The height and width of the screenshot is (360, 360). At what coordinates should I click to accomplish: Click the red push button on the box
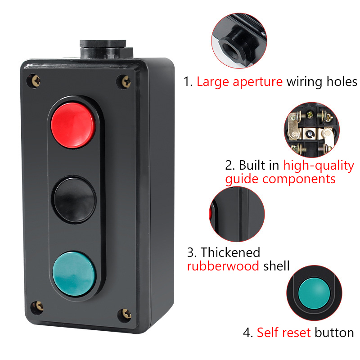(73, 125)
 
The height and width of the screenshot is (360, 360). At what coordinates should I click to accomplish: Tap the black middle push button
(74, 200)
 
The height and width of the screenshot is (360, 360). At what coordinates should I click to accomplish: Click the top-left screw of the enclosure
(36, 81)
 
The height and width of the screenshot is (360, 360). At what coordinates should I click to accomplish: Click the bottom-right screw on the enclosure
(126, 314)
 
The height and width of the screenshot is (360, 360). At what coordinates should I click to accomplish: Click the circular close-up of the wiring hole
(239, 40)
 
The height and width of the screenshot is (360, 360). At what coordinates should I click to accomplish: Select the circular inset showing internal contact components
(312, 130)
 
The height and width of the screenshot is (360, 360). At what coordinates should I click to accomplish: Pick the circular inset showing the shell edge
(237, 214)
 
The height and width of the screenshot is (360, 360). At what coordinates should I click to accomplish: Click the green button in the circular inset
(314, 293)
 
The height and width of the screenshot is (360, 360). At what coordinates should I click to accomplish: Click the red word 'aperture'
(257, 82)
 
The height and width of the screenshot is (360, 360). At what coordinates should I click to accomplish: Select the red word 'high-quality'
(319, 166)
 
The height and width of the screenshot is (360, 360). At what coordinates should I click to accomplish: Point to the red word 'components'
(299, 179)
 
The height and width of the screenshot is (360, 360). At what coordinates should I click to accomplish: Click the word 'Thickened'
(230, 252)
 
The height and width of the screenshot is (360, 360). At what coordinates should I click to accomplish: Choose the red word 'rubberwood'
(223, 266)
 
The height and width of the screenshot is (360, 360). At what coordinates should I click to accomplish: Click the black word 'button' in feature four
(334, 333)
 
